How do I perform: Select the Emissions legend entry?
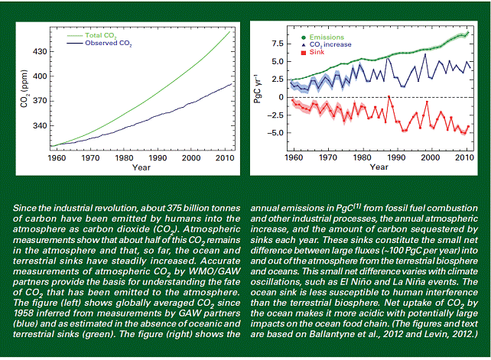point(323,37)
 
